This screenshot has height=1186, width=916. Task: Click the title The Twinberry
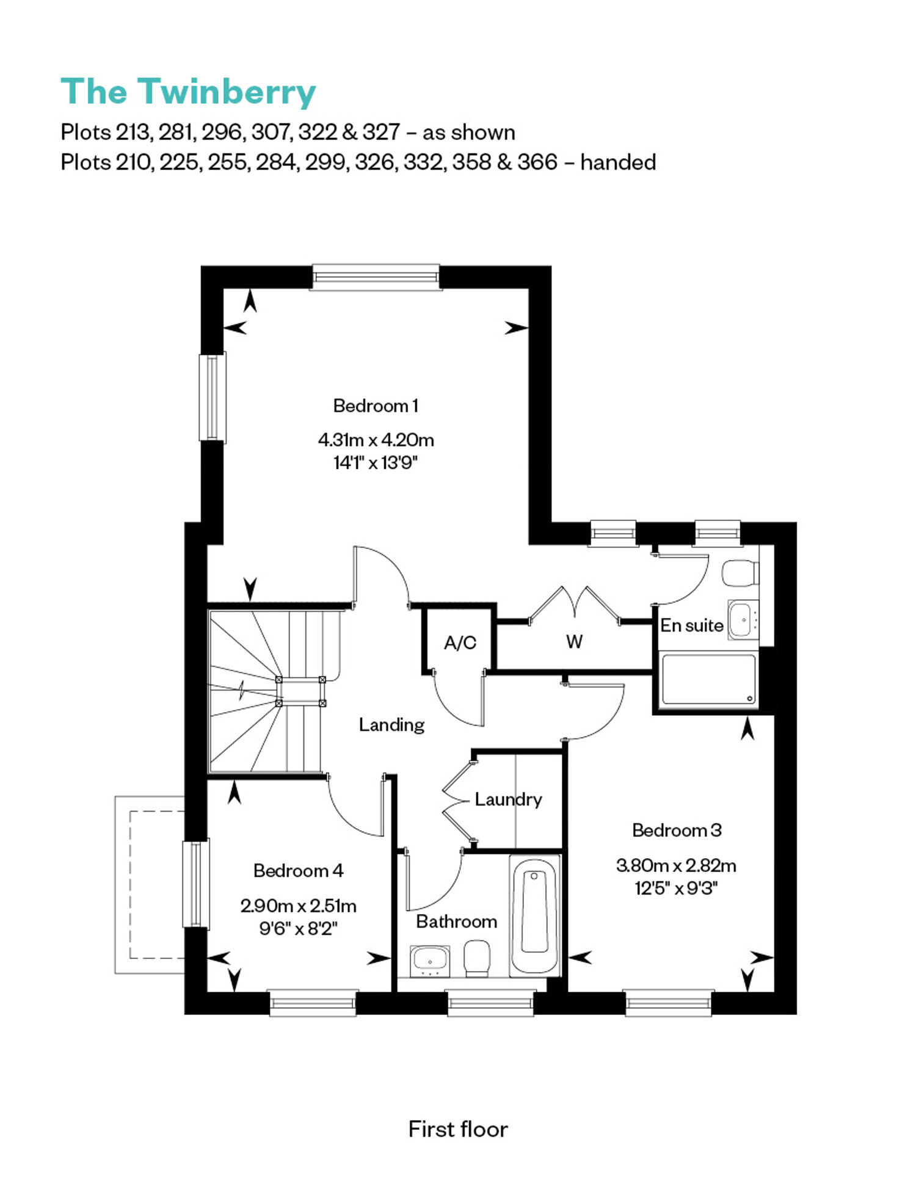point(188,92)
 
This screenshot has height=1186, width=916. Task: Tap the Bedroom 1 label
point(376,406)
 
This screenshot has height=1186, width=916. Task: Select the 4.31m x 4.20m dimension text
point(376,440)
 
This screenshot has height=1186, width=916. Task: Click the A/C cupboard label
point(460,642)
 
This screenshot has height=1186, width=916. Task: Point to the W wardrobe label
point(574,641)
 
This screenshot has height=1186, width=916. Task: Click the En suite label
point(691,625)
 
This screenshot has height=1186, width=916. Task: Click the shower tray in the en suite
point(708,680)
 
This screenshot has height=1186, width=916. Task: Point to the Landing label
point(391,725)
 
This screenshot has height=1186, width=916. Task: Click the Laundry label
point(508,799)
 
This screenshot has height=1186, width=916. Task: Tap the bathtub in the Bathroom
point(534,915)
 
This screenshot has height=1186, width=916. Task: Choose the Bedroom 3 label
point(677,830)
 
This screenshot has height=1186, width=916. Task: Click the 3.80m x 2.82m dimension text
point(676,865)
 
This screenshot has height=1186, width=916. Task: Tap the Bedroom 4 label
point(298,870)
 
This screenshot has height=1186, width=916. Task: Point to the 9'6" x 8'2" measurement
point(298,928)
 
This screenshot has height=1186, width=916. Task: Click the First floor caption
point(458,1129)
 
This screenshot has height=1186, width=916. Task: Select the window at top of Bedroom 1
point(376,277)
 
